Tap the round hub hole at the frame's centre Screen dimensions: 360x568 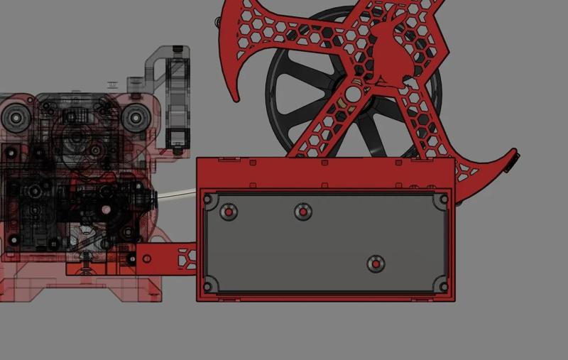coord(352,94)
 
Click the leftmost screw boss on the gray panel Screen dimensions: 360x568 coord(229,212)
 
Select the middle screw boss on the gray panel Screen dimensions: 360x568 coord(302,212)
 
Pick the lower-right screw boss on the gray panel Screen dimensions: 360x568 coord(376,265)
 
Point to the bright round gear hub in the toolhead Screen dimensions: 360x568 coord(106,209)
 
